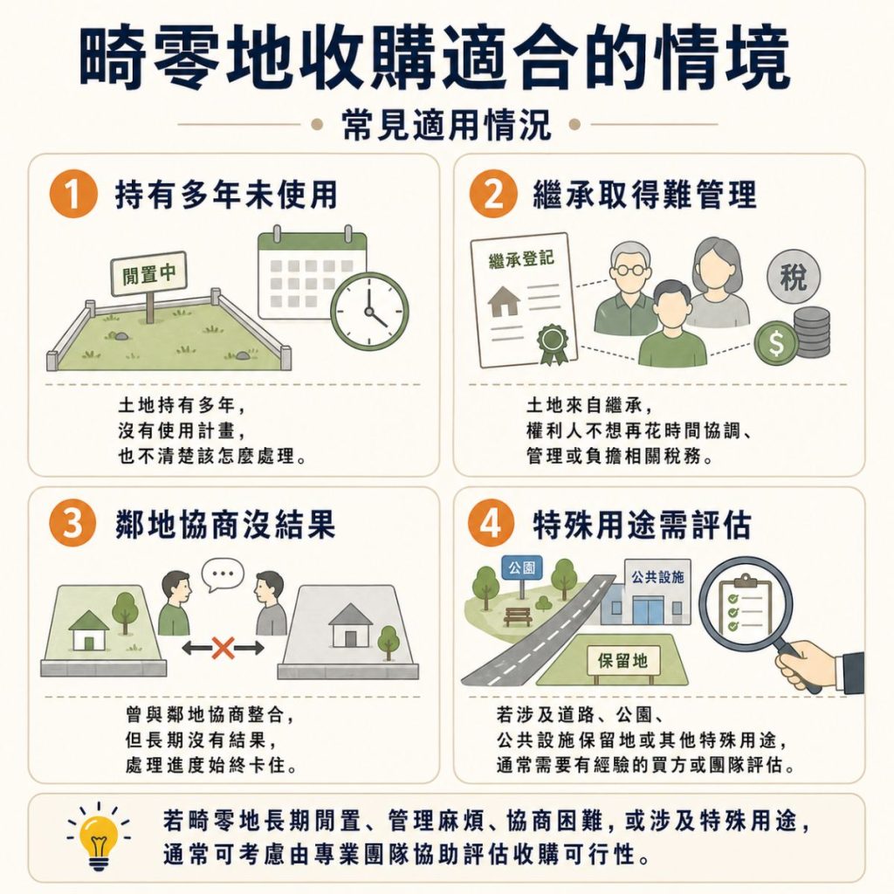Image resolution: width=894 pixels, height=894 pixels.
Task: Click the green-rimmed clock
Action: pyautogui.click(x=369, y=312)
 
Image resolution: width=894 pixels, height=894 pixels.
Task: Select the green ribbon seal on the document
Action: pyautogui.click(x=552, y=343)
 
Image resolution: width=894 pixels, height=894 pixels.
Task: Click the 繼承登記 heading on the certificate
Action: pyautogui.click(x=521, y=258)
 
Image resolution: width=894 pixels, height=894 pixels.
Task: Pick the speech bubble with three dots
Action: pyautogui.click(x=223, y=574)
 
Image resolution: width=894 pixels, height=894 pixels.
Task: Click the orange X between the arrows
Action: pyautogui.click(x=223, y=648)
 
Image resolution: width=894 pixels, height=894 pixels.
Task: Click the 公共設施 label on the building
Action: pyautogui.click(x=655, y=577)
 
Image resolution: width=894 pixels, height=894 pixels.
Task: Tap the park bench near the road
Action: pyautogui.click(x=518, y=616)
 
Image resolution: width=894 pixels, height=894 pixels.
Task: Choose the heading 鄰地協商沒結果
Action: pyautogui.click(x=225, y=527)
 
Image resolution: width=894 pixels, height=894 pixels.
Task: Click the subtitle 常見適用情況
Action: pyautogui.click(x=446, y=124)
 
